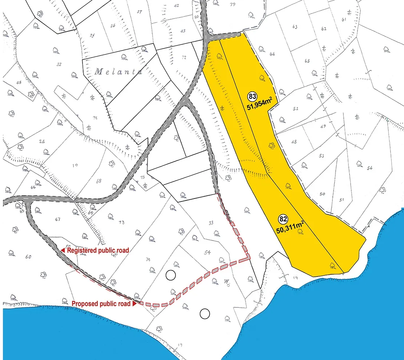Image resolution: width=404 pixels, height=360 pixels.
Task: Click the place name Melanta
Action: [x=118, y=72]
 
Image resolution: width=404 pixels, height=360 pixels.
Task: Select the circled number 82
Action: [x=283, y=219]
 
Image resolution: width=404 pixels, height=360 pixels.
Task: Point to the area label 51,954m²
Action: [x=259, y=106]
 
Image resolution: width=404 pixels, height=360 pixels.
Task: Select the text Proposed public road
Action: [x=102, y=304]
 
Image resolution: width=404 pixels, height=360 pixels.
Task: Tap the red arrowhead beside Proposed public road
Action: [x=135, y=304]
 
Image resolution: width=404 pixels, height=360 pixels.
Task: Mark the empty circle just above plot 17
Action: [x=205, y=314]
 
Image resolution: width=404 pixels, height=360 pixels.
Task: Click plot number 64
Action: [x=272, y=54]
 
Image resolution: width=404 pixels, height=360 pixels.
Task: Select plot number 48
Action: [x=294, y=142]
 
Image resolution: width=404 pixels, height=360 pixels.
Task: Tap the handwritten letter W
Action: [x=226, y=282]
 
